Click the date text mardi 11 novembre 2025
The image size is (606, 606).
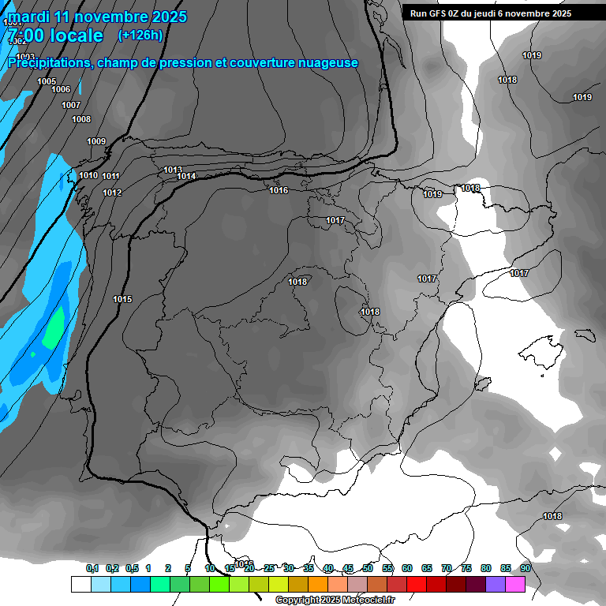tap(98, 17)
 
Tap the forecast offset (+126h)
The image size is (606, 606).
tap(140, 35)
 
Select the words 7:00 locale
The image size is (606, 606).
tap(55, 36)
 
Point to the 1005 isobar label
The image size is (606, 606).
tap(47, 81)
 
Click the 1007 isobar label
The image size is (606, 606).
tap(71, 105)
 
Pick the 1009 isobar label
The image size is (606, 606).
tap(96, 141)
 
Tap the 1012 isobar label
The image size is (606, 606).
tap(112, 193)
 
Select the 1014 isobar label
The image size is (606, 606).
tap(186, 176)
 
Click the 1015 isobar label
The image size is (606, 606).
tap(122, 299)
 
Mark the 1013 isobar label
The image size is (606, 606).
tap(173, 170)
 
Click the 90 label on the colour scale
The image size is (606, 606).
tap(526, 568)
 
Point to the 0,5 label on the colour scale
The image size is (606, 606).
tap(132, 568)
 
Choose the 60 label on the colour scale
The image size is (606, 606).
tap(407, 568)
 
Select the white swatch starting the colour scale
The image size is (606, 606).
tap(80, 584)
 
